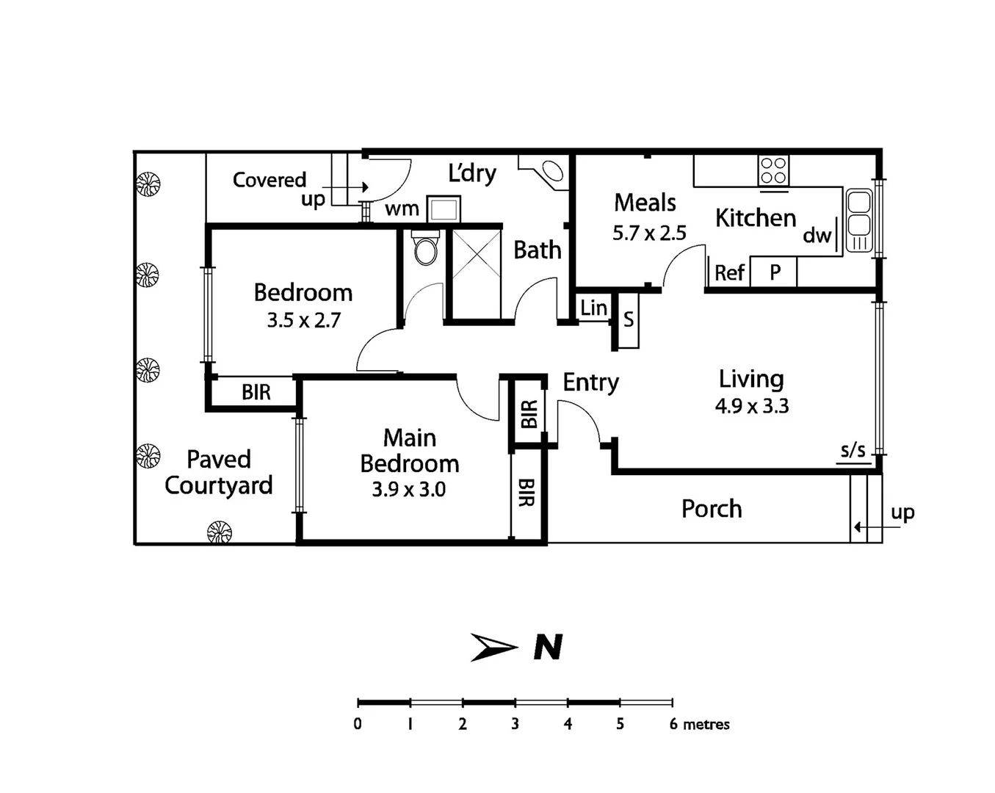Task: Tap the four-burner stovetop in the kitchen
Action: (x=773, y=171)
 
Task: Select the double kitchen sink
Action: (x=858, y=220)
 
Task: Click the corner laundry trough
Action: (x=551, y=172)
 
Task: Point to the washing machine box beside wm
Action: (x=444, y=209)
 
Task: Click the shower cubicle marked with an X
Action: (x=476, y=274)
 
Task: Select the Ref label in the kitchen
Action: (x=729, y=273)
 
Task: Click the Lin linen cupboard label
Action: (x=593, y=308)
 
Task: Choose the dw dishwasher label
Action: (x=817, y=235)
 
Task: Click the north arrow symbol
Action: (x=494, y=647)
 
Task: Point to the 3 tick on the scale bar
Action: (x=515, y=703)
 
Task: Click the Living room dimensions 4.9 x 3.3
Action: (x=751, y=406)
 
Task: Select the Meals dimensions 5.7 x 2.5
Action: (x=649, y=233)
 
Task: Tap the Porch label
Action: (x=712, y=509)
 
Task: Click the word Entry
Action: (x=590, y=383)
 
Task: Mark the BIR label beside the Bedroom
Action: (x=256, y=393)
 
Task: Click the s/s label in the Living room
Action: (x=853, y=450)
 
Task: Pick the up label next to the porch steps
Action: (x=902, y=512)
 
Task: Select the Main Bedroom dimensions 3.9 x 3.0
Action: (x=408, y=490)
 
